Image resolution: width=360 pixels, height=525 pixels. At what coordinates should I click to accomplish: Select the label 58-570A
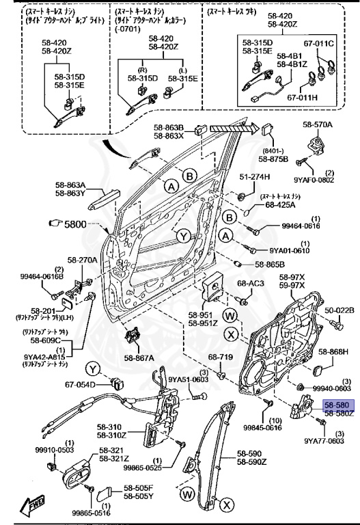[318, 125]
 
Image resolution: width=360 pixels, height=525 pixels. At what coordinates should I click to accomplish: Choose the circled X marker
[232, 334]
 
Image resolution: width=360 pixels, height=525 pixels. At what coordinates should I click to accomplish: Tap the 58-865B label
[270, 265]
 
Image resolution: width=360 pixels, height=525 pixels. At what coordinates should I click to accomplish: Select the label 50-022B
[339, 310]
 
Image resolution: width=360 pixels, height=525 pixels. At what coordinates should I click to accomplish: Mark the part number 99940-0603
[332, 388]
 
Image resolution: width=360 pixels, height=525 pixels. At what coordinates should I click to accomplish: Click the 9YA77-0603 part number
[324, 441]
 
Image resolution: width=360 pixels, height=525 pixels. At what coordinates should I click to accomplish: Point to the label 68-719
[221, 357]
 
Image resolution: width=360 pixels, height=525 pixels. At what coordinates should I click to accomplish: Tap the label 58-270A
[82, 260]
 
